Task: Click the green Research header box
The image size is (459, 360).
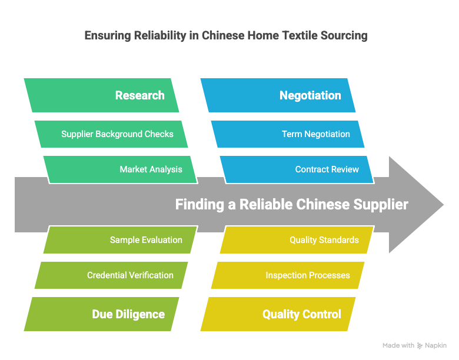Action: tap(102, 95)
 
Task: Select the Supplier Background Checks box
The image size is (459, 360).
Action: tap(111, 134)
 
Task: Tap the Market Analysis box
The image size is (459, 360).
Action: tap(121, 169)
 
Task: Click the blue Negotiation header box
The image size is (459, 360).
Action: tap(278, 95)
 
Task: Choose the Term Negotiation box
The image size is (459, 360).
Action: tap(288, 134)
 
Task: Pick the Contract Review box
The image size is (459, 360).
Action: tap(297, 169)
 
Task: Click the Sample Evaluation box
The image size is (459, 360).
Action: tap(121, 240)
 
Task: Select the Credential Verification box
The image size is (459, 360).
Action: tap(111, 275)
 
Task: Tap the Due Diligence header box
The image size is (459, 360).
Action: tap(102, 314)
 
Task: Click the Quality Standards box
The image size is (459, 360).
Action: tap(297, 240)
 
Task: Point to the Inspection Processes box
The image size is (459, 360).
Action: tap(288, 275)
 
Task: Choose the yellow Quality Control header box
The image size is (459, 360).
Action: tap(278, 314)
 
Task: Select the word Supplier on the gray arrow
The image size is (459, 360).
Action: tap(381, 205)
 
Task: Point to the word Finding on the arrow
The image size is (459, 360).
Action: tap(199, 205)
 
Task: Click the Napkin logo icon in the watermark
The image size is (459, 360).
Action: tap(420, 346)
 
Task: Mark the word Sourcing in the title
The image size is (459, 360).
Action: tap(344, 36)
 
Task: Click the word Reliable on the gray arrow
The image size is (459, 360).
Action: tap(266, 204)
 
